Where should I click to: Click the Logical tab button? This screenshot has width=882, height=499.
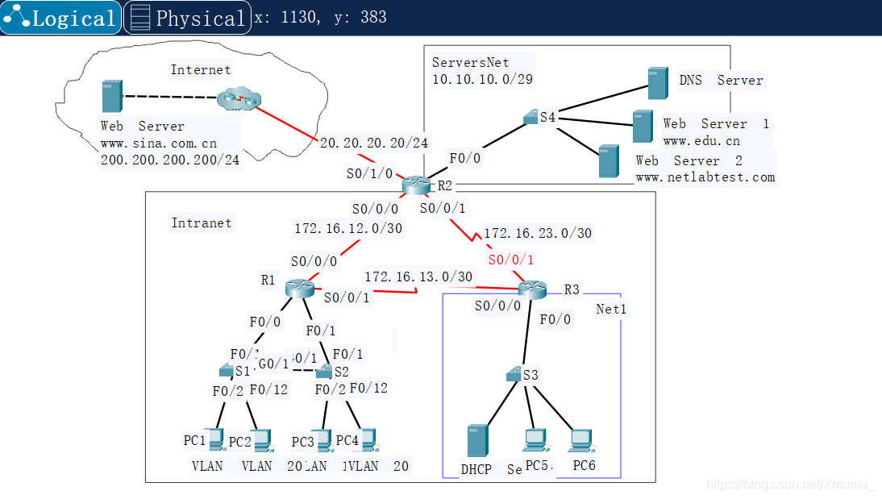[x=61, y=18]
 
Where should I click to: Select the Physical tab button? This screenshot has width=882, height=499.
[x=186, y=18]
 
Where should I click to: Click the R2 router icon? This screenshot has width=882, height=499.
[x=417, y=185]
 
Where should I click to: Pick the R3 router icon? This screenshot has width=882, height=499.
[x=533, y=288]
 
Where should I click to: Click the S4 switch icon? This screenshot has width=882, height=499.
[x=530, y=119]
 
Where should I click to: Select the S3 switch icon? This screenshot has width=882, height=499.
[x=514, y=375]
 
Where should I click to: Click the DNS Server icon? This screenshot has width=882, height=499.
[x=658, y=82]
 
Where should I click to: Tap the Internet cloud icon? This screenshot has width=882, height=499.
[x=239, y=101]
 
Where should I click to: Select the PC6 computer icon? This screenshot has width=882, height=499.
[x=580, y=441]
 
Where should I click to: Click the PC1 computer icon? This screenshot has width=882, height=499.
[x=214, y=440]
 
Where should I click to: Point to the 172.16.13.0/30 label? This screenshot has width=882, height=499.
[x=418, y=277]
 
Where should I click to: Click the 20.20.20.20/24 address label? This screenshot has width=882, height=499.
[x=374, y=143]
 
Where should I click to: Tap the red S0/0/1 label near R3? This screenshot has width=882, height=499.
[x=511, y=260]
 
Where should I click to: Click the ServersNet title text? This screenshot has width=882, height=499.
[x=481, y=62]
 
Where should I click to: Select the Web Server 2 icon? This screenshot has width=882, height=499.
[x=609, y=161]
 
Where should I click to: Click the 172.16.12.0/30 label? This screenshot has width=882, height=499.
[x=348, y=229]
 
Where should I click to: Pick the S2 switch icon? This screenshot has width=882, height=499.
[x=324, y=372]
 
